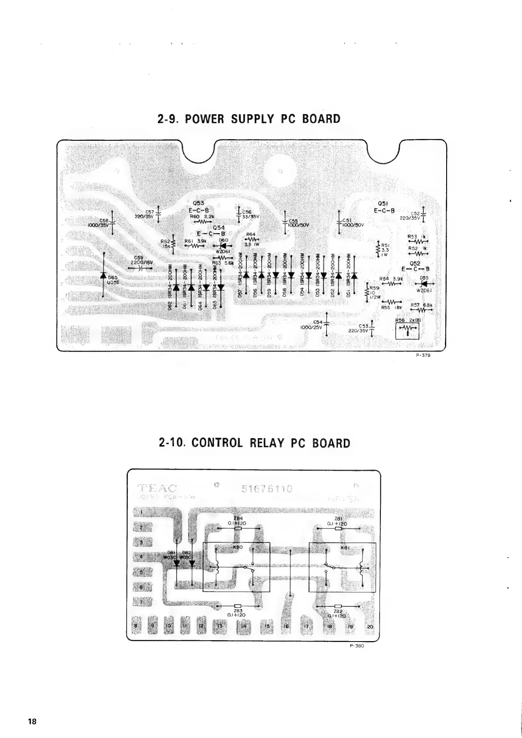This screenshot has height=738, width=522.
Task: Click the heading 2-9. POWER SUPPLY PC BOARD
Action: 249,119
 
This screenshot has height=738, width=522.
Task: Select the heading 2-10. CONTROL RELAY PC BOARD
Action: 255,443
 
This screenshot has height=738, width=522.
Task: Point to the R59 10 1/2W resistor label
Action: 377,292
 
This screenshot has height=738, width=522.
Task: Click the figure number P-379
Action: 424,356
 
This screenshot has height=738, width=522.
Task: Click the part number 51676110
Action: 267,488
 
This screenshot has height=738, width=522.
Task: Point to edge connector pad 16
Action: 286,626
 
